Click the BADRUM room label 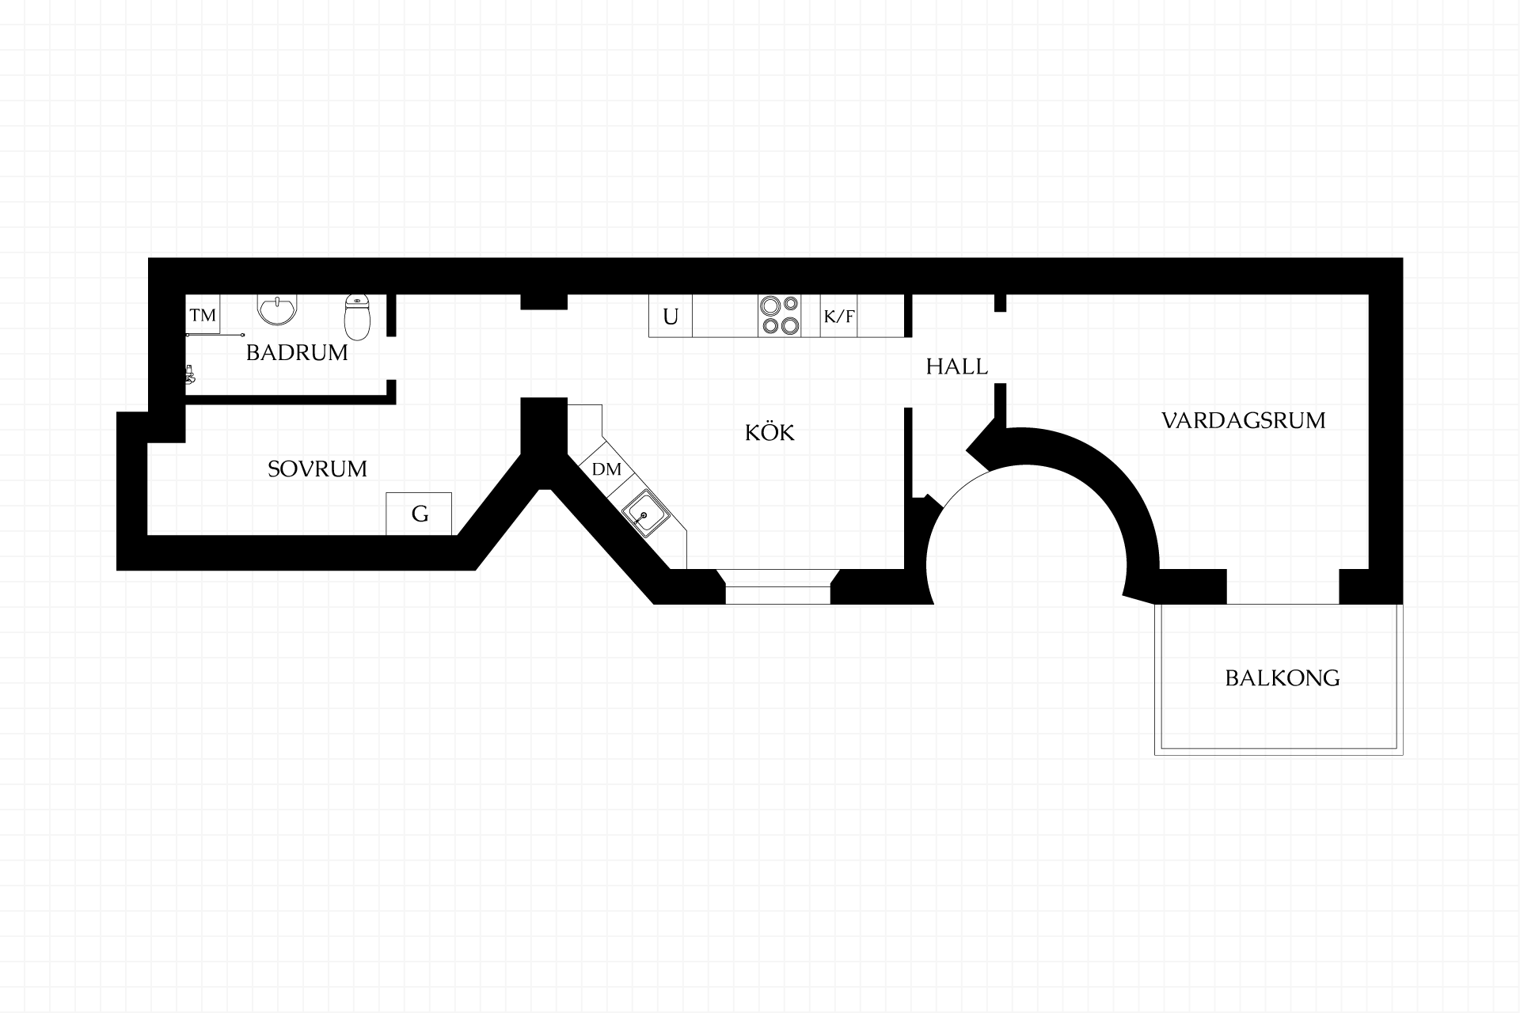point(297,353)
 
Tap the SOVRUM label point(317,469)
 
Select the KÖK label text point(769,432)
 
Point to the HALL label point(957,366)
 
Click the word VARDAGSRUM point(1244,420)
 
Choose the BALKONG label point(1282,678)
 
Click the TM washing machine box point(203,315)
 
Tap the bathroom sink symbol point(278,309)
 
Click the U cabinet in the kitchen point(671,316)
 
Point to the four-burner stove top point(780,315)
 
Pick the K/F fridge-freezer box point(839,316)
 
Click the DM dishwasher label point(606,469)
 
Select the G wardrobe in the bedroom point(419,514)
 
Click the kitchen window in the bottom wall point(777,586)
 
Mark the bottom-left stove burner point(769,325)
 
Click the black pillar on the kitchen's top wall point(544,302)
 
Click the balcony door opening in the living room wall point(1282,586)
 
